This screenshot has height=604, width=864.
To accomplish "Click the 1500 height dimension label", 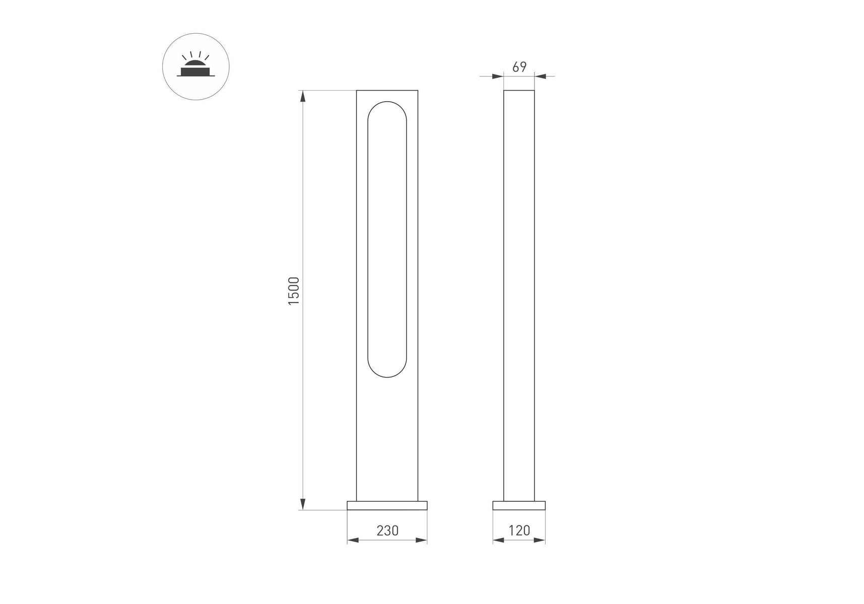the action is [x=294, y=290].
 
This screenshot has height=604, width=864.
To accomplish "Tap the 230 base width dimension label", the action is [x=387, y=531].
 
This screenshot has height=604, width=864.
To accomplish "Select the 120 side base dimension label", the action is [x=519, y=531].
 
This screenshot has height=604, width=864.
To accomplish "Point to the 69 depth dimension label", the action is [x=519, y=67].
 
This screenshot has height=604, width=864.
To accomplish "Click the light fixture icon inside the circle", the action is [x=195, y=67].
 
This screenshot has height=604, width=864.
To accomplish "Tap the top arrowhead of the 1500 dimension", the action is [x=303, y=96].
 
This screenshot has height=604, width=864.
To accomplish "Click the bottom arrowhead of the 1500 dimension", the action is [x=303, y=503].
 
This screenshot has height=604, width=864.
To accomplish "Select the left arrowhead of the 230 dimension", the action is [x=353, y=540].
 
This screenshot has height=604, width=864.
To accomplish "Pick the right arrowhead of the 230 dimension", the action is [x=421, y=540].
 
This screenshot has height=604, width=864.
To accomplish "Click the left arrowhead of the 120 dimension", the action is [x=499, y=540].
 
